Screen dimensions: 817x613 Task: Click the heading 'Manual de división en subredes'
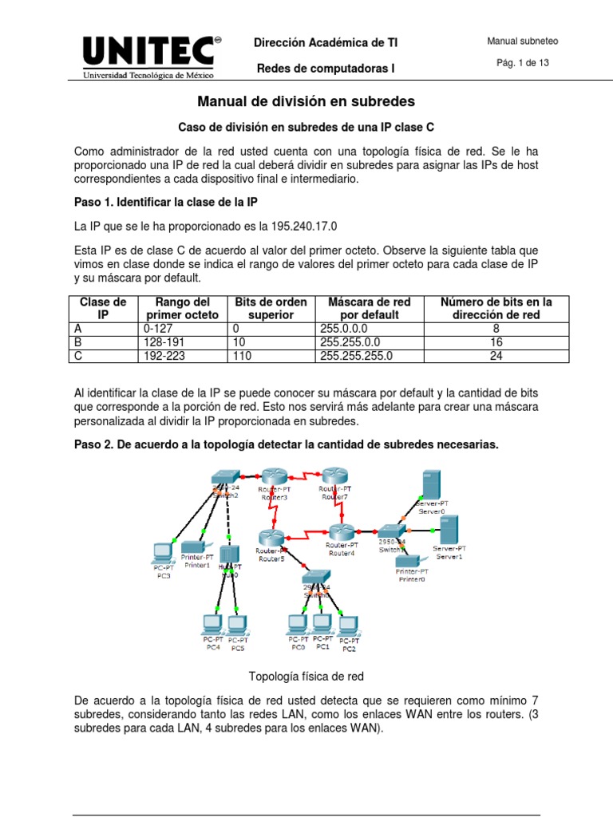point(306,102)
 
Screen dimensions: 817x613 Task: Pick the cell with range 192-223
point(165,356)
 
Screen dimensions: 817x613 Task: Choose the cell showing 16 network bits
point(497,341)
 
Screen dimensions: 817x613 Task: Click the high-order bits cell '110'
point(242,356)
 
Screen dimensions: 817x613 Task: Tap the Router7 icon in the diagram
point(334,476)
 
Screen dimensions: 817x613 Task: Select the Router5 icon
point(271,536)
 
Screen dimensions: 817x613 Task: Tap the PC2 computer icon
point(347,624)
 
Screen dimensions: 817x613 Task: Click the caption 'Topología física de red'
point(306,677)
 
